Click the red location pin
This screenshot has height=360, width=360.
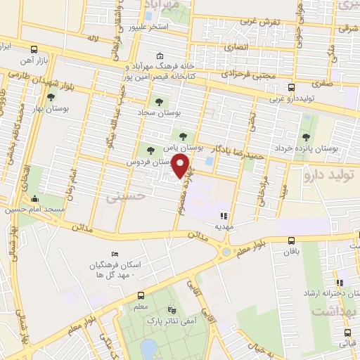click(x=181, y=166)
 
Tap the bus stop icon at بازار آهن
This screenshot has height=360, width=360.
click(x=35, y=50)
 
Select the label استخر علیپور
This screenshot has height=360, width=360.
click(x=148, y=27)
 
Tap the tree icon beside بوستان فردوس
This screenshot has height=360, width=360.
click(x=149, y=148)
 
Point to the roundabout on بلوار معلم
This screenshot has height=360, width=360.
click(x=226, y=251)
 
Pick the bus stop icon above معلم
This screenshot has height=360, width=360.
click(x=141, y=296)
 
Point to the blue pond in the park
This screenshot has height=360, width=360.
click(x=148, y=347)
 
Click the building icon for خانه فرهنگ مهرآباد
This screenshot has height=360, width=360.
click(x=160, y=56)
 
